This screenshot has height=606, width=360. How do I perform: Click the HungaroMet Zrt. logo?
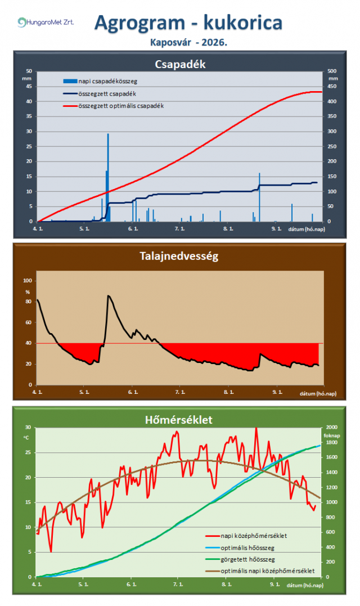tap(46, 22)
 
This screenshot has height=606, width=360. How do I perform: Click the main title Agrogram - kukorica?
tap(188, 23)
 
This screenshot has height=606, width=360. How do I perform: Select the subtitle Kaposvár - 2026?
tap(188, 43)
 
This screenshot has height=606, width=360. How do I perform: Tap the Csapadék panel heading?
tap(180, 64)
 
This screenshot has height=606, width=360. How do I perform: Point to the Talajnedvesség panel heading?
tap(179, 256)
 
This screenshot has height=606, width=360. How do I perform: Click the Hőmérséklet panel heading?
tap(178, 420)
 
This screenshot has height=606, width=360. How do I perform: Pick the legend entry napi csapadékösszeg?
tap(100, 81)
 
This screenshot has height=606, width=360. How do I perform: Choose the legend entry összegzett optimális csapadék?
tap(114, 106)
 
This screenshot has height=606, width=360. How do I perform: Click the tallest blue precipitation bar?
tap(108, 177)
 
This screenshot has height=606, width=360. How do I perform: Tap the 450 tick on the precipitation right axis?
tap(332, 86)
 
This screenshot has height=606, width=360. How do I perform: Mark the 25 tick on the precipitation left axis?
tap(29, 146)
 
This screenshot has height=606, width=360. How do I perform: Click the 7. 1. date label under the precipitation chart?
tap(179, 229)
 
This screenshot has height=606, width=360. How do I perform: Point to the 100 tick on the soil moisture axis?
tap(28, 281)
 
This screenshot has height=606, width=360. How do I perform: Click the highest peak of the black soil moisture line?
tap(109, 295)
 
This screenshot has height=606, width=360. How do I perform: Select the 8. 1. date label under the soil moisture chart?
tap(228, 392)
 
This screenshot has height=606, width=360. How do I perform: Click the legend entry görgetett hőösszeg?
tap(240, 559)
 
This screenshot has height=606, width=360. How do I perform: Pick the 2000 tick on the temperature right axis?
tap(332, 427)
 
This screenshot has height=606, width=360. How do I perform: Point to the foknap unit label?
tap(332, 436)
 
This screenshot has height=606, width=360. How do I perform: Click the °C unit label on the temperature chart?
tap(26, 438)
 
